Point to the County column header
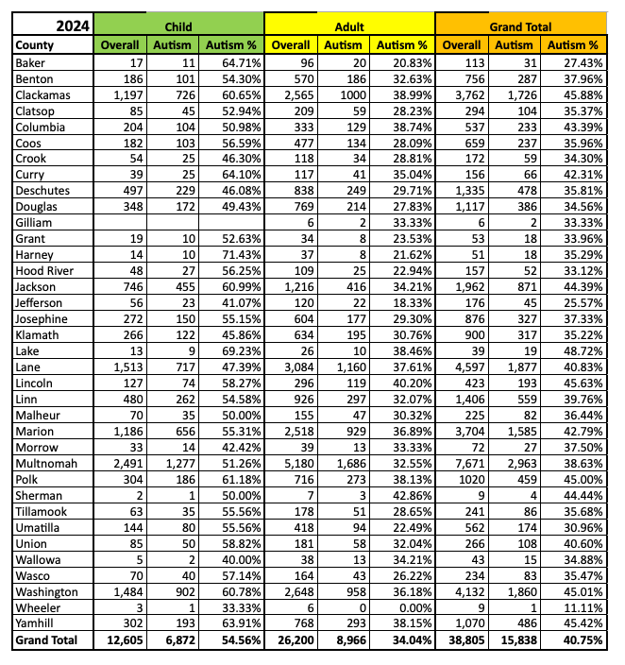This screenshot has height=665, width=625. (37, 44)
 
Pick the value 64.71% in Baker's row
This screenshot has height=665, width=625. (240, 61)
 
